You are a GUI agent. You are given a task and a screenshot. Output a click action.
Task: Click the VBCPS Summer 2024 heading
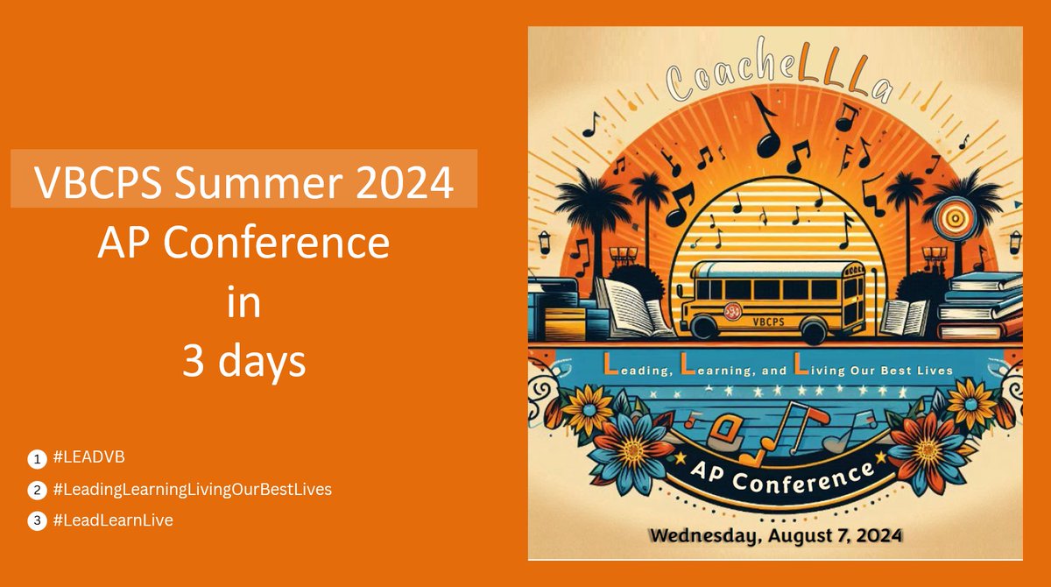(x=243, y=182)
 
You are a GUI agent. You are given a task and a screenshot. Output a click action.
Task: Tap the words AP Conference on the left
(x=243, y=243)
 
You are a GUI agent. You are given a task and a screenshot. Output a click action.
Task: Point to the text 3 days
(x=243, y=362)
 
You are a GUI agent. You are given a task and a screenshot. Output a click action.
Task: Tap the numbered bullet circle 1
(x=37, y=457)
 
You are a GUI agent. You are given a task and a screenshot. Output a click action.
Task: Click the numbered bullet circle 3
(x=37, y=520)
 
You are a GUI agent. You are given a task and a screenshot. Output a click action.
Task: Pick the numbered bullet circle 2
(x=37, y=489)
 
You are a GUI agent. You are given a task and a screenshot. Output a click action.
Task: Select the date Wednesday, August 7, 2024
(x=774, y=532)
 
